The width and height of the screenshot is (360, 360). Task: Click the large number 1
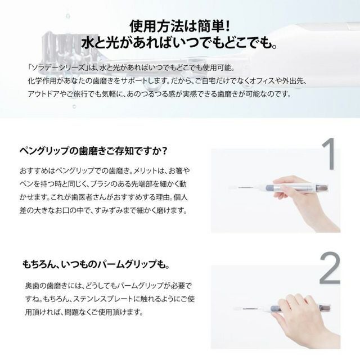tap(329, 154)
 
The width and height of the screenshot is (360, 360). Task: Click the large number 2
tap(330, 268)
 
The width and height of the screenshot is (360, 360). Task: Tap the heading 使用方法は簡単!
tap(179, 26)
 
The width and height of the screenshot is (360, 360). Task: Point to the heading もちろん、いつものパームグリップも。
tap(96, 264)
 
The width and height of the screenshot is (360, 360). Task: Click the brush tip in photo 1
tap(232, 187)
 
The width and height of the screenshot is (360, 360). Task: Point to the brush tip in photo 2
tap(237, 309)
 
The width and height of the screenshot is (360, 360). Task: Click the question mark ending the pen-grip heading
tap(164, 151)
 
